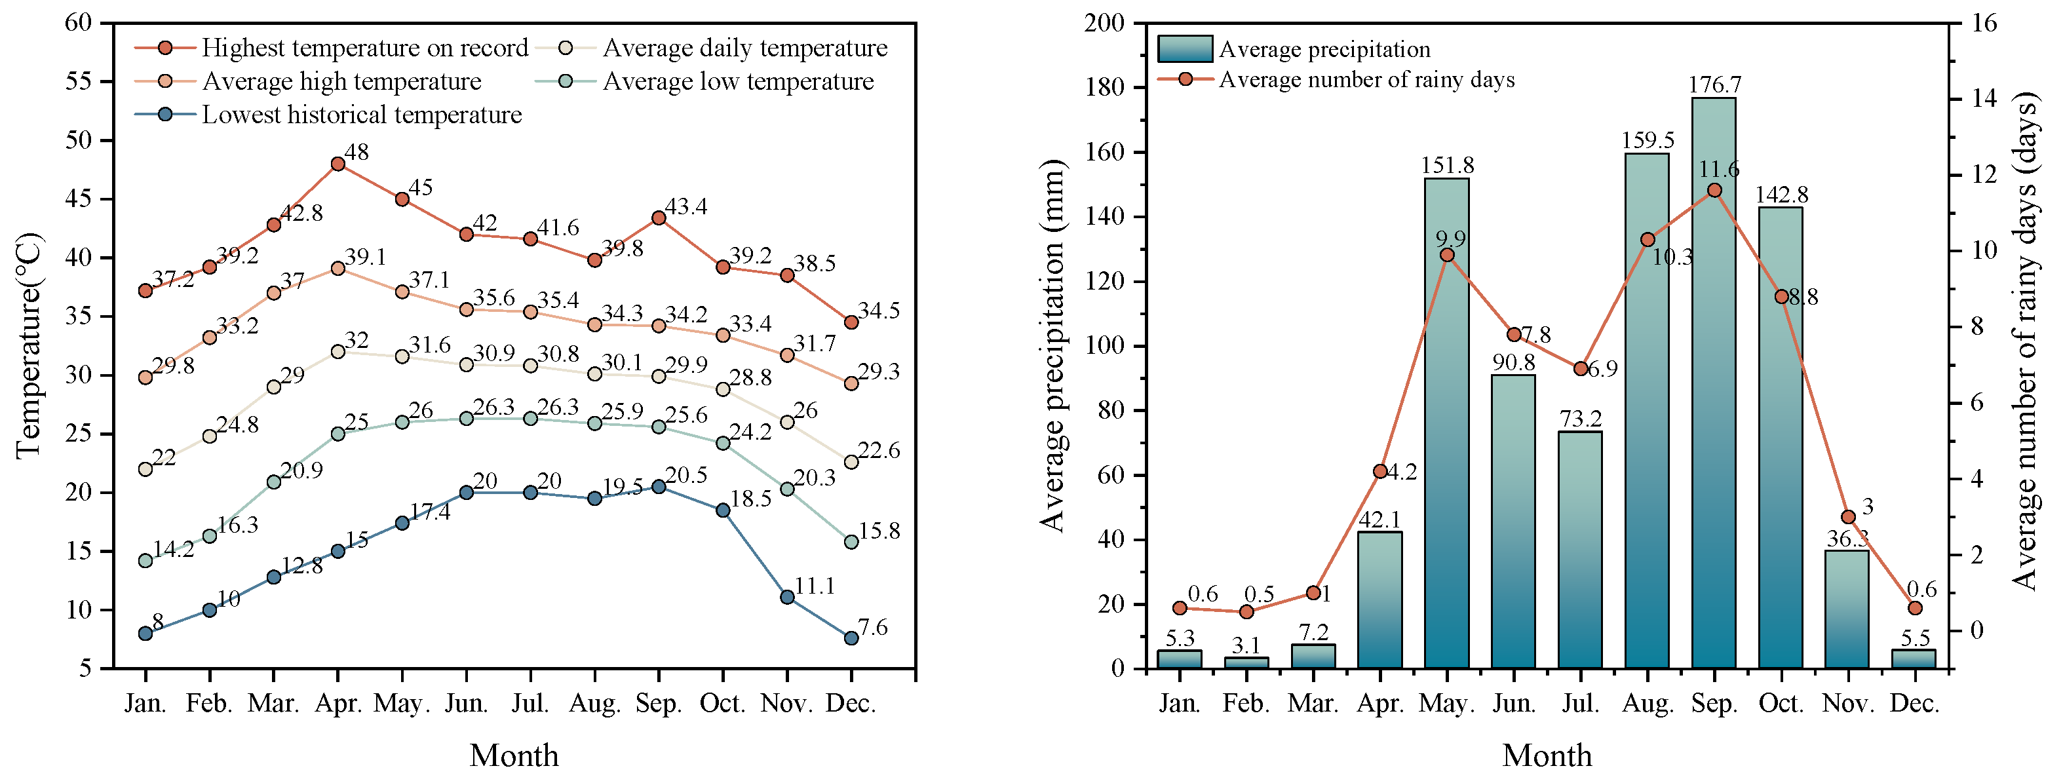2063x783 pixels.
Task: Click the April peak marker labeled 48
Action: [338, 164]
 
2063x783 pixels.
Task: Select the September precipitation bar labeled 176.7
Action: [1714, 383]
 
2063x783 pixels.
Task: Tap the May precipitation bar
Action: [1446, 423]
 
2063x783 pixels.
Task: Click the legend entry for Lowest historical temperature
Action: [328, 115]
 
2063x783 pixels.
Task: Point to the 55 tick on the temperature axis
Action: [79, 81]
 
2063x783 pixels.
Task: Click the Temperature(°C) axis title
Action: [28, 345]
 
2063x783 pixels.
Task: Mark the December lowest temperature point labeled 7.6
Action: [851, 638]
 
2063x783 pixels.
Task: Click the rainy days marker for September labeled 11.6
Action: [1714, 191]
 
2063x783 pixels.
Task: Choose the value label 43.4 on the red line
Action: [686, 206]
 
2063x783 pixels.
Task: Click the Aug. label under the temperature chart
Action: [595, 703]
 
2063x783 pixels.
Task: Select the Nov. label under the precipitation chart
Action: [1847, 703]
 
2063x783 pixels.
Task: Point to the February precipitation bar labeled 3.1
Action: [1246, 663]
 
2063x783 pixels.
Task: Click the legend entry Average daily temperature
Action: [723, 48]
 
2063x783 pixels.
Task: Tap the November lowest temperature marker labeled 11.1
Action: [787, 598]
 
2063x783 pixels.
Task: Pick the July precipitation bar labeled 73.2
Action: [1580, 550]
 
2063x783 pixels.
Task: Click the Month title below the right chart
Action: [1547, 755]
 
